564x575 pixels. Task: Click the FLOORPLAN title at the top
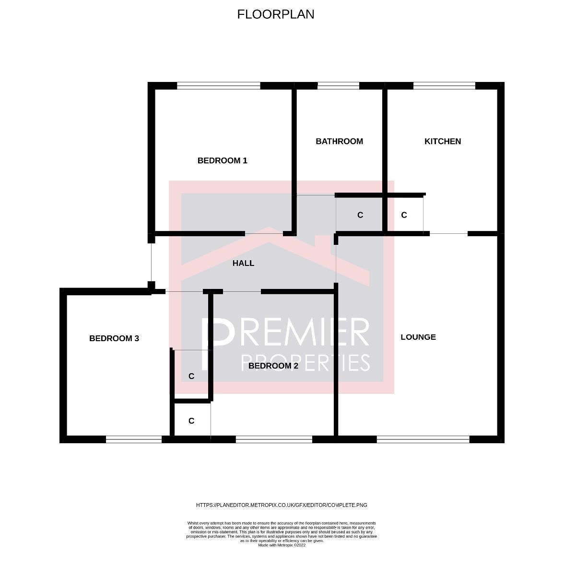coord(276,14)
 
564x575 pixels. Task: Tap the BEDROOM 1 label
coord(222,161)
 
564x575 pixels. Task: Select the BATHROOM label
coord(339,141)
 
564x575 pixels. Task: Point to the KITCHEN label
coord(443,141)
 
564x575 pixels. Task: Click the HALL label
coord(243,263)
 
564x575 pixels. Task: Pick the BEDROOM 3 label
coord(114,338)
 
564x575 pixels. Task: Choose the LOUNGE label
coord(418,337)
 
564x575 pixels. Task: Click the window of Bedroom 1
coord(219,86)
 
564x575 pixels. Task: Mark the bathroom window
coord(338,86)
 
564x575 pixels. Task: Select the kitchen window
coord(444,86)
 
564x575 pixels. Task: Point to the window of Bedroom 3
coord(134,439)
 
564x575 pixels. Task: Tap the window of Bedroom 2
coord(274,439)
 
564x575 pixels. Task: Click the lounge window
coord(423,439)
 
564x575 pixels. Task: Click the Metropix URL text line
coord(282,505)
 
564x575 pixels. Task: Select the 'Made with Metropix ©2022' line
coord(282,545)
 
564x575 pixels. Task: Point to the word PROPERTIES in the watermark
coord(305,363)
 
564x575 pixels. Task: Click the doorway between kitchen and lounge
coord(448,234)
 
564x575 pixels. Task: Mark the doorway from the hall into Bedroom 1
coord(264,234)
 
